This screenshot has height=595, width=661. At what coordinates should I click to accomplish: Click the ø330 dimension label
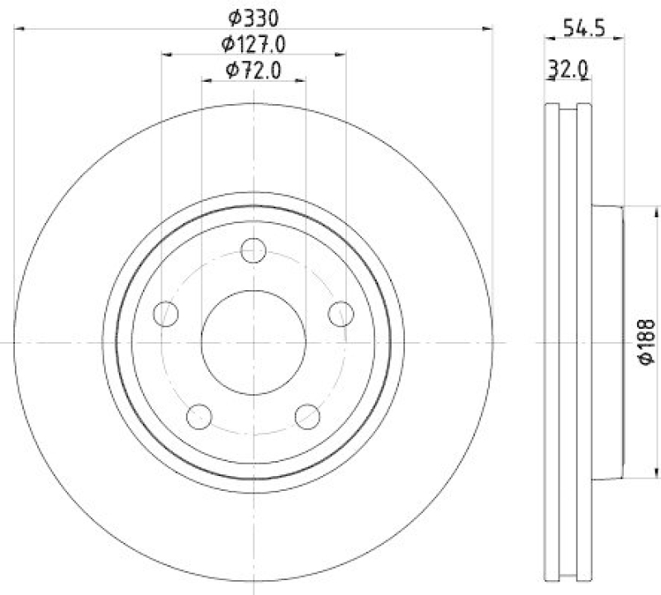(x=254, y=17)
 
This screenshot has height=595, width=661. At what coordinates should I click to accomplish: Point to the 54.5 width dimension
(x=585, y=26)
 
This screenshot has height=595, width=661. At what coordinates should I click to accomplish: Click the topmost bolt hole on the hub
(x=254, y=250)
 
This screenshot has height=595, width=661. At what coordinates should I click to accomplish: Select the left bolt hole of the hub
(x=167, y=313)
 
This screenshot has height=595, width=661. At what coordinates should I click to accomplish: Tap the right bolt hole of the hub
(x=340, y=313)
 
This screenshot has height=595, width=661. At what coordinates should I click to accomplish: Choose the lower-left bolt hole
(x=200, y=416)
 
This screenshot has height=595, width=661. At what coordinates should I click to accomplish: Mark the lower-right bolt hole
(x=307, y=416)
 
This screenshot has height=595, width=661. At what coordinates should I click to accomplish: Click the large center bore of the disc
(x=254, y=342)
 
